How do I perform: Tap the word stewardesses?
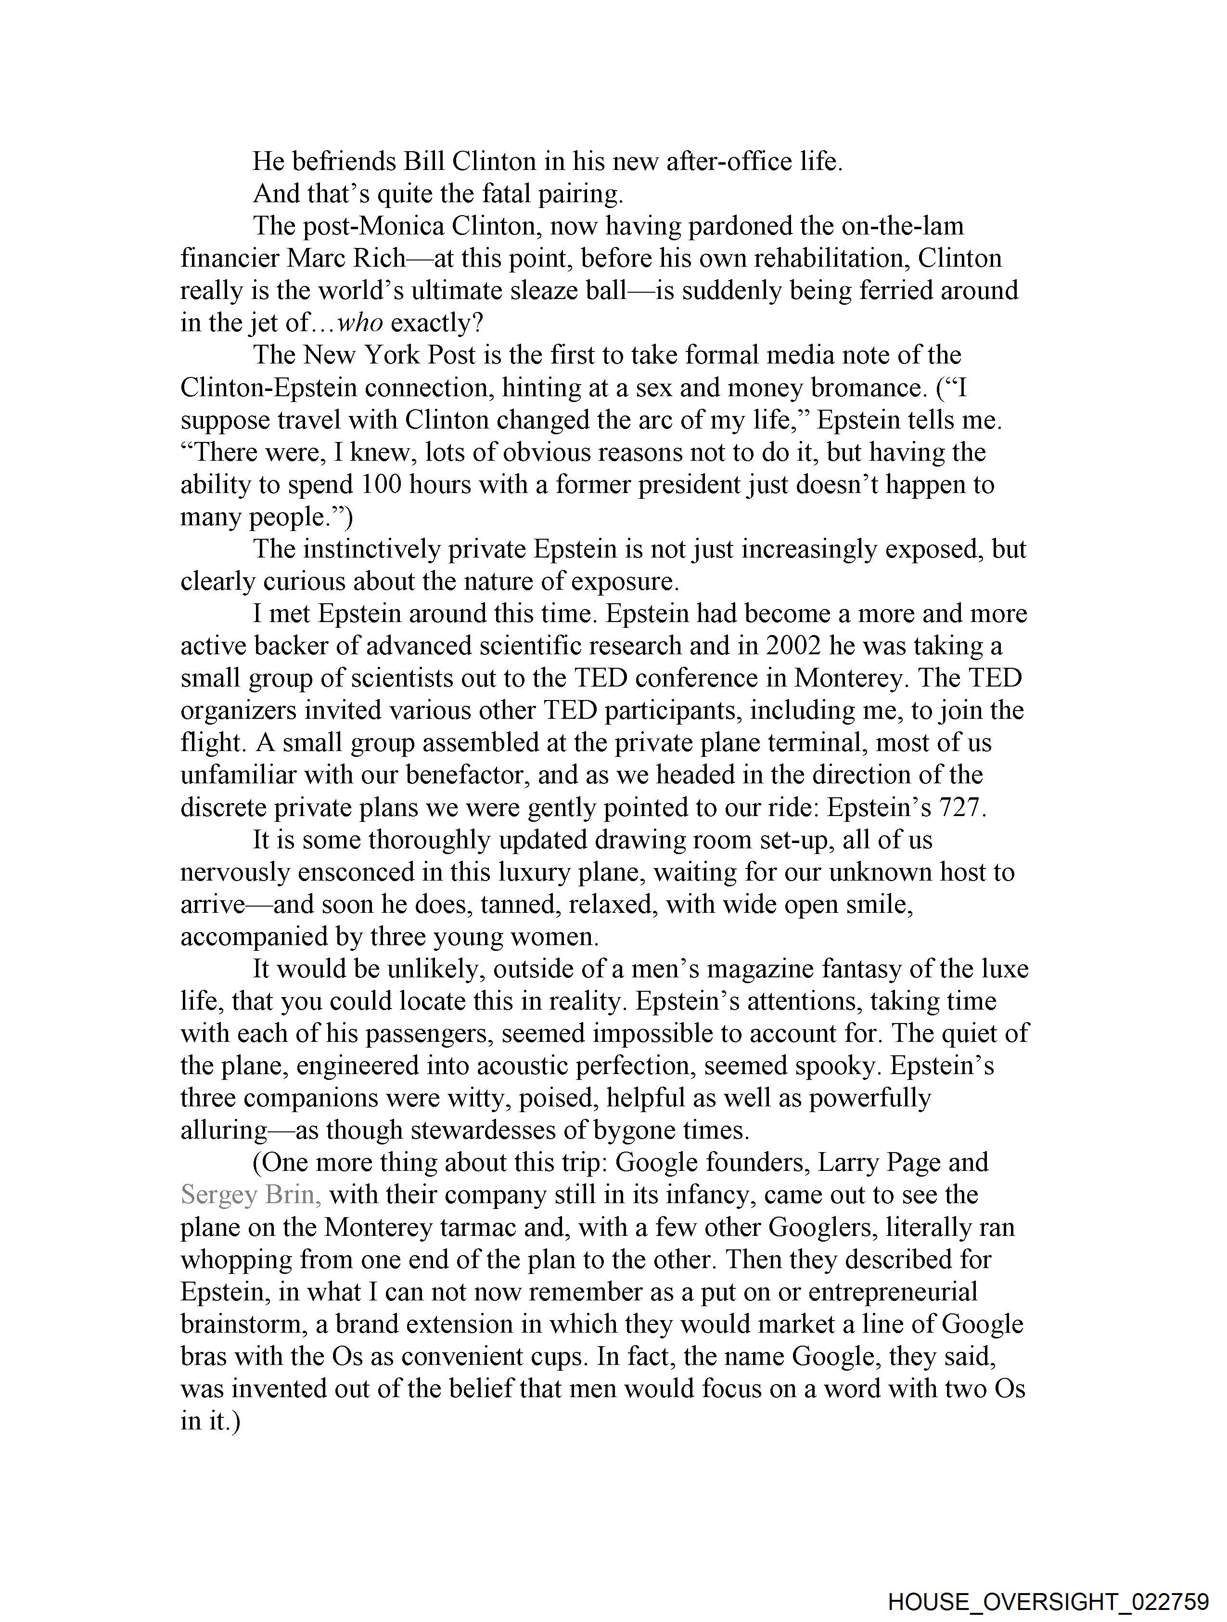[483, 1130]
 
